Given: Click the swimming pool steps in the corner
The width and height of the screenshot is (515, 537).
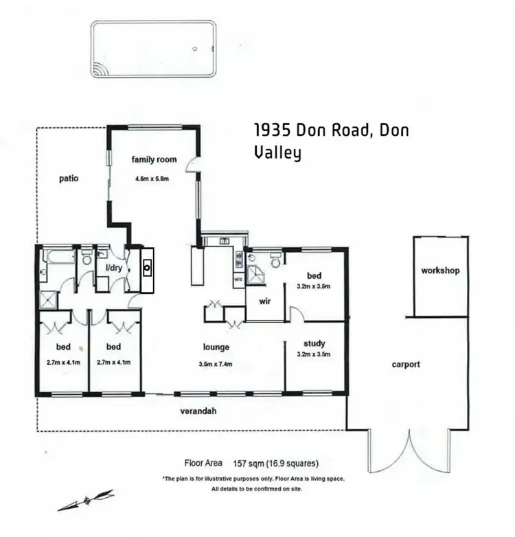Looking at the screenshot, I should [x=100, y=69].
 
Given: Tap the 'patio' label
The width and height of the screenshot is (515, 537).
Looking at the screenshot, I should [x=69, y=179].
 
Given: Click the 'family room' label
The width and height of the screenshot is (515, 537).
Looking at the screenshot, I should [x=154, y=159].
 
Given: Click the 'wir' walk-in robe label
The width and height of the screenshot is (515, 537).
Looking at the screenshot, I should [x=266, y=301].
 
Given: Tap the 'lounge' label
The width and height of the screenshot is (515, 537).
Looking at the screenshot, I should [x=216, y=347].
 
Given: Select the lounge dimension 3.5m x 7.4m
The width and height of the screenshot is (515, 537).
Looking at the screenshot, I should [x=215, y=364].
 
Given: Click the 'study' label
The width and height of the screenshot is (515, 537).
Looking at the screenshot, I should [x=314, y=343].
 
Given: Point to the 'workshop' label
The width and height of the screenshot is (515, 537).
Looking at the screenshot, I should [x=440, y=271].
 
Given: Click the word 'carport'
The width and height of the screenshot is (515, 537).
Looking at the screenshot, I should [x=406, y=364].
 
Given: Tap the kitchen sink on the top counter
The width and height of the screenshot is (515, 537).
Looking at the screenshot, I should [x=224, y=241].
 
